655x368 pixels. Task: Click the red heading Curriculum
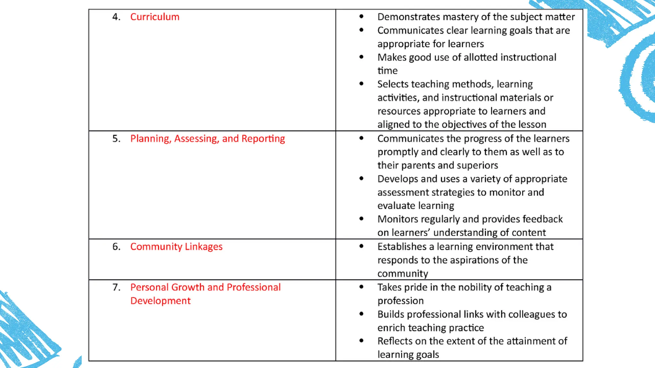click(x=155, y=17)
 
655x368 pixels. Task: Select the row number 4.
click(x=116, y=17)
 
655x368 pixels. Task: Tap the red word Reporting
click(x=263, y=139)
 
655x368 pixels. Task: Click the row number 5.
click(x=116, y=139)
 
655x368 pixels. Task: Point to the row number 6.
click(x=116, y=247)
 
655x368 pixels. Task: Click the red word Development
click(x=160, y=301)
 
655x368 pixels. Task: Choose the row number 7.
click(x=116, y=287)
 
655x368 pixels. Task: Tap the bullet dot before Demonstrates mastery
click(x=361, y=16)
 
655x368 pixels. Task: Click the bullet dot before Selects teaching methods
click(x=361, y=84)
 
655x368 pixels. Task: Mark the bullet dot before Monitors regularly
click(x=361, y=219)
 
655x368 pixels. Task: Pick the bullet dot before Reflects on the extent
click(x=361, y=341)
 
